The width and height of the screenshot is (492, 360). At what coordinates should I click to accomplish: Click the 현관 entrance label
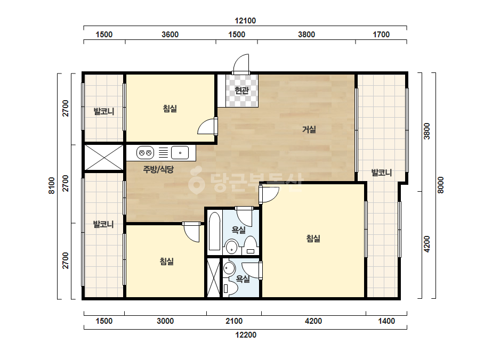(x=242, y=91)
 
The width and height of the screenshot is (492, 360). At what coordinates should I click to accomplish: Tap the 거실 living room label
(x=309, y=129)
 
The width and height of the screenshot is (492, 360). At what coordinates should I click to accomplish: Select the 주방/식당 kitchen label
(x=158, y=170)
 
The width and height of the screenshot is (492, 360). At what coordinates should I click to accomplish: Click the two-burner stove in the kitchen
(x=145, y=153)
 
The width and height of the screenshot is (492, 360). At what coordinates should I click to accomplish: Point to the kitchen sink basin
(x=180, y=153)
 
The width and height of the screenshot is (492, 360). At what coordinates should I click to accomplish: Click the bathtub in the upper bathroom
(x=215, y=231)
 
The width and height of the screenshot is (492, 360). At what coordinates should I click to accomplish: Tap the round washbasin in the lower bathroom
(x=229, y=268)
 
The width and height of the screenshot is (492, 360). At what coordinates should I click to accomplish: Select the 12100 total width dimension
(x=245, y=21)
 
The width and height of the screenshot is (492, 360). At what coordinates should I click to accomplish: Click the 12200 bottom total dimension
(x=246, y=335)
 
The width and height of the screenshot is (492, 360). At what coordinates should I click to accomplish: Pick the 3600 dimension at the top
(x=170, y=35)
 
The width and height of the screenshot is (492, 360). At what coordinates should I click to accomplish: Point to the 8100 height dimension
(x=52, y=186)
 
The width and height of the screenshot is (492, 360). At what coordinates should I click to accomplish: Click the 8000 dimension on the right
(x=440, y=185)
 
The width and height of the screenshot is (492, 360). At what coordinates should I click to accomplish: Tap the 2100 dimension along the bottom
(x=234, y=321)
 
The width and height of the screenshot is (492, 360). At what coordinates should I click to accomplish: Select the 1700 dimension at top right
(x=381, y=35)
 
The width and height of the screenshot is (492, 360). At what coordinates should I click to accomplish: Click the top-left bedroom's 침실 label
(x=170, y=109)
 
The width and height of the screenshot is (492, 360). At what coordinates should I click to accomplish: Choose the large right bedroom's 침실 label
(x=313, y=239)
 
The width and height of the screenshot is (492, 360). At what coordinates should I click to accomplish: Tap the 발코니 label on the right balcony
(x=382, y=173)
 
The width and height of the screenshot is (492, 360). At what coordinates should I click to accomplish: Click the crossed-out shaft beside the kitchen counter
(x=104, y=158)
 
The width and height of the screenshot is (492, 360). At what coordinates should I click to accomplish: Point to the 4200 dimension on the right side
(x=427, y=244)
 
